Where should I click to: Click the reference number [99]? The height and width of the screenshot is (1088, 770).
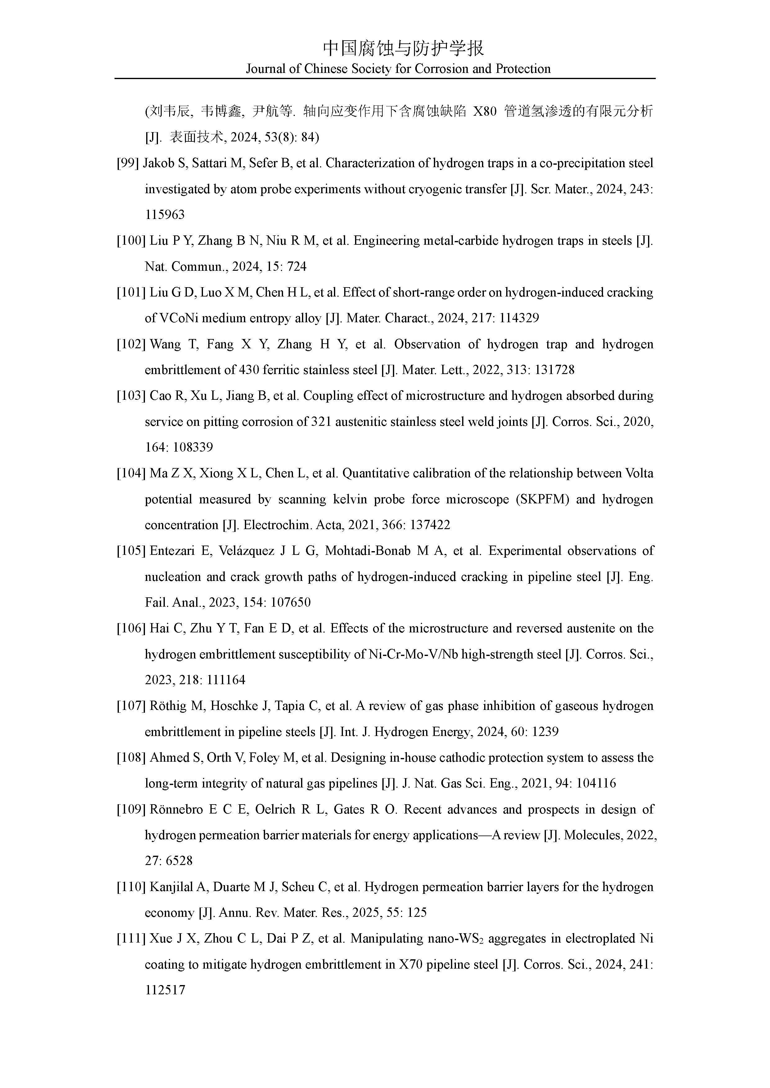(x=128, y=163)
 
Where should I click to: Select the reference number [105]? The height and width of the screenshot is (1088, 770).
(x=131, y=551)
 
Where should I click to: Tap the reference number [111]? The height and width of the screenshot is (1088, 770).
(x=131, y=939)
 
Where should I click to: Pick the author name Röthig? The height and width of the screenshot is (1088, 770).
(x=167, y=706)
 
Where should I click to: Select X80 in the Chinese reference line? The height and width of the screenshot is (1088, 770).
(x=485, y=112)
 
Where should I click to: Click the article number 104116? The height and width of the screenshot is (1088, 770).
(x=596, y=783)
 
